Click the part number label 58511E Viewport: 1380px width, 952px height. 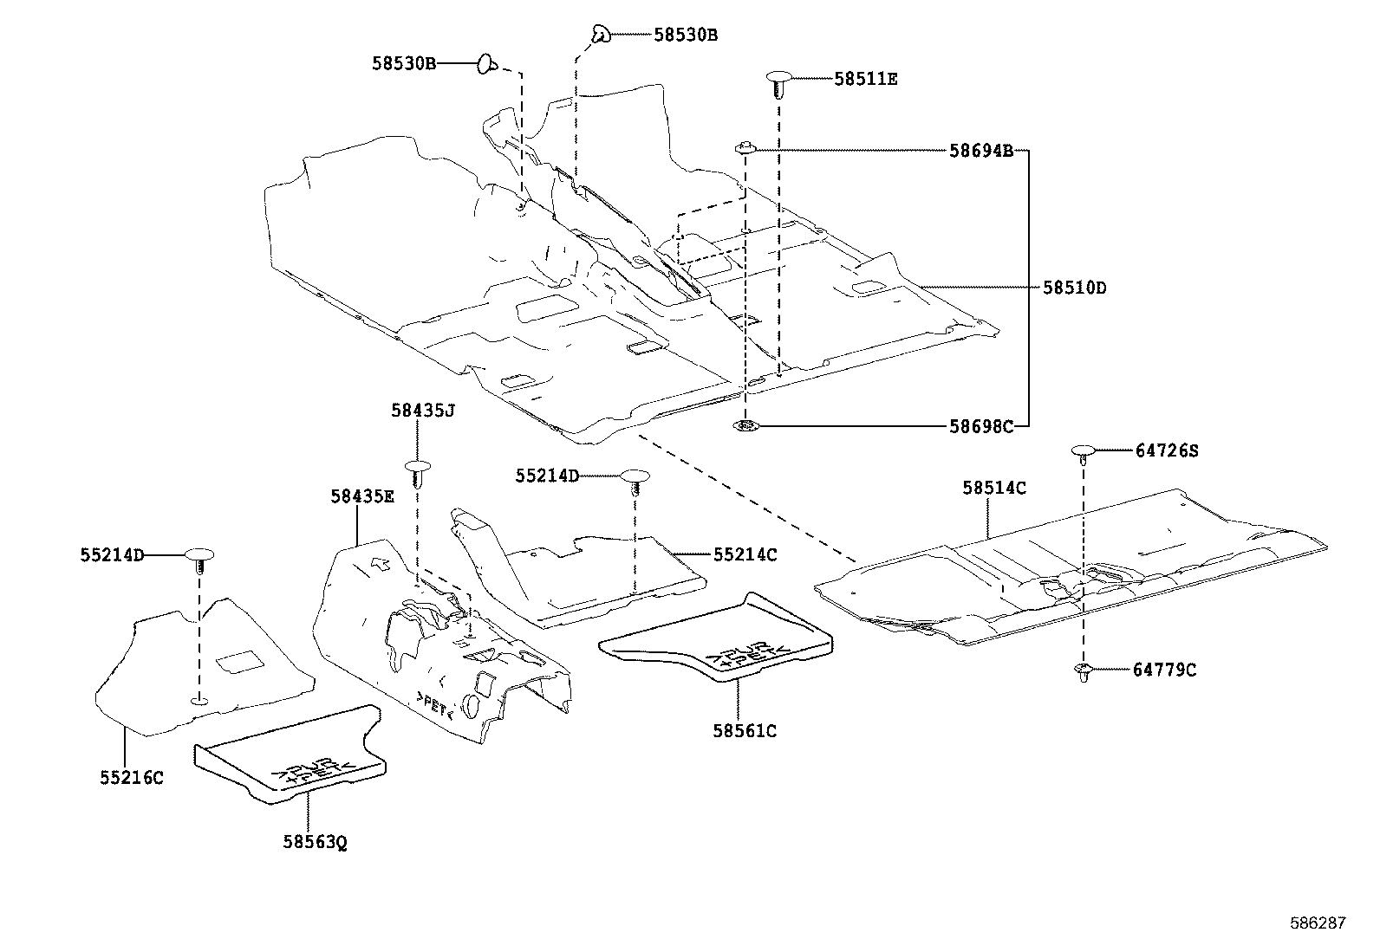pos(865,79)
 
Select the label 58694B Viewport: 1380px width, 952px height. pos(980,151)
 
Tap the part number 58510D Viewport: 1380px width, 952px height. pos(1074,288)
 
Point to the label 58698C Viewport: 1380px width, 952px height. pos(980,426)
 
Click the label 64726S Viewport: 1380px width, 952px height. pos(1166,450)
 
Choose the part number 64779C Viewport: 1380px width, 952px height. pos(1164,670)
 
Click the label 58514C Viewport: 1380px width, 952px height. pos(993,489)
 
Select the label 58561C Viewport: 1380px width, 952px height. pos(745,731)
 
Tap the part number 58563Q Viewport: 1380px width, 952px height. pos(315,842)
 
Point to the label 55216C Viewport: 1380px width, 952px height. pos(131,778)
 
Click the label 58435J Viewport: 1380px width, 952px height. pos(422,411)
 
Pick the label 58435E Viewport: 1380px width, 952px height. pos(362,496)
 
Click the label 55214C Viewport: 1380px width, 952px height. pos(745,554)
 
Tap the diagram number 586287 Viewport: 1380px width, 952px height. pos(1317,923)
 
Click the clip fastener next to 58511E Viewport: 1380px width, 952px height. pos(777,83)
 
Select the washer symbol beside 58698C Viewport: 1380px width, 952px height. pos(745,426)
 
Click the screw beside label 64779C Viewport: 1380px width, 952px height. pos(1083,670)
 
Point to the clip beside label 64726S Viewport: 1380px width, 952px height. pos(1083,452)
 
